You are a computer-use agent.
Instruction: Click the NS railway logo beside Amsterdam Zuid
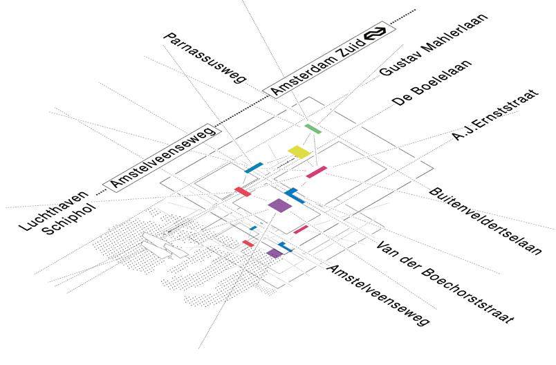[376, 34]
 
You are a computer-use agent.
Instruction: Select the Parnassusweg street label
[205, 57]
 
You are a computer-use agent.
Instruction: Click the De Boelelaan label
[432, 83]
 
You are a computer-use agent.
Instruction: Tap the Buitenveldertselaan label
[485, 221]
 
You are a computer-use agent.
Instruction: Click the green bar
[313, 129]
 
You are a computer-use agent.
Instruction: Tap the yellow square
[299, 151]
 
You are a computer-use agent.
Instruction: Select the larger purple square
[279, 205]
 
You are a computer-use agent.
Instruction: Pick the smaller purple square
[274, 253]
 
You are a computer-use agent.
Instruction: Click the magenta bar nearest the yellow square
[316, 171]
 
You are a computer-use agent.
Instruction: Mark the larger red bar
[243, 191]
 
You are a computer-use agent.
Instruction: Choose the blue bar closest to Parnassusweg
[253, 167]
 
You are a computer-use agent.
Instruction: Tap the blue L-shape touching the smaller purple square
[284, 246]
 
